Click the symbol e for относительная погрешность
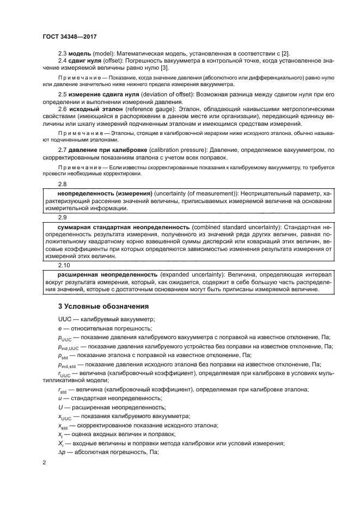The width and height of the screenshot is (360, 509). click(59, 328)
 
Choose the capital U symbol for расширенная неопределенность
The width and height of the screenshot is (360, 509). click(60, 407)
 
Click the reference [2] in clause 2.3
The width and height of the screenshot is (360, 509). click(285, 53)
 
